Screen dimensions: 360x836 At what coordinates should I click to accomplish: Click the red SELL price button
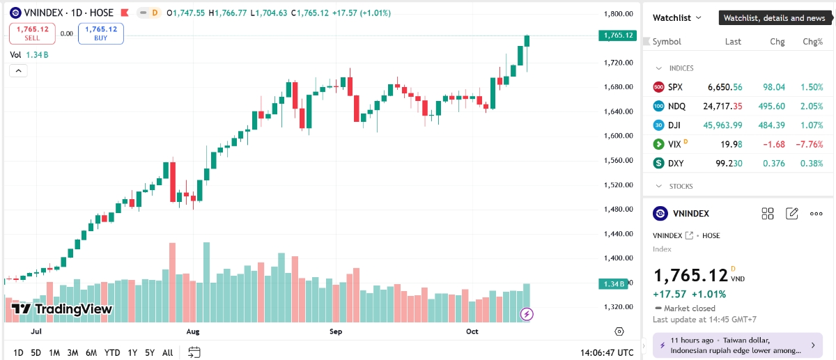coord(31,33)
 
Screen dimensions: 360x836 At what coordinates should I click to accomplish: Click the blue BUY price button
coord(100,33)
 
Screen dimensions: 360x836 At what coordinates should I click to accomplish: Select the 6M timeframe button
coord(91,352)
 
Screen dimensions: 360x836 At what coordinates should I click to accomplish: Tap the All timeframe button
coord(167,352)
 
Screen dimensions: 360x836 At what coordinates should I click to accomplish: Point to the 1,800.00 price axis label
coord(618,14)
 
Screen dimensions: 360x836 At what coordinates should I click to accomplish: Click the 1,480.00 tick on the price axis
coord(618,209)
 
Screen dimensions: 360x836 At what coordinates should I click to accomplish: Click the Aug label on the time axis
coord(194,332)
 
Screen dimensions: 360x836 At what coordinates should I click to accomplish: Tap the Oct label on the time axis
coord(472,332)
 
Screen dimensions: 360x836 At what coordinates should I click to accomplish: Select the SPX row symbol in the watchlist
coord(675,87)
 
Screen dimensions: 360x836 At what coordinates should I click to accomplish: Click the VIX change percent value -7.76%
coord(808,144)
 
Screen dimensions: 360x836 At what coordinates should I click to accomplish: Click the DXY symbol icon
coord(658,163)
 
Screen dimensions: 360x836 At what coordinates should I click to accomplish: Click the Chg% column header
coord(812,42)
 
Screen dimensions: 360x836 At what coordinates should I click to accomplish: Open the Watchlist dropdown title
coord(676,17)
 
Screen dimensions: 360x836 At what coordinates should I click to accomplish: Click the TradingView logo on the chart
coord(62,309)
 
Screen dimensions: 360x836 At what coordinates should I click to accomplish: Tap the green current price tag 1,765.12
coord(618,36)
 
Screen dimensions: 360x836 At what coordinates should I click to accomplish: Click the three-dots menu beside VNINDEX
coord(816,214)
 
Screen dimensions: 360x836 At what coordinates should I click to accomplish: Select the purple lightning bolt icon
coord(527,314)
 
